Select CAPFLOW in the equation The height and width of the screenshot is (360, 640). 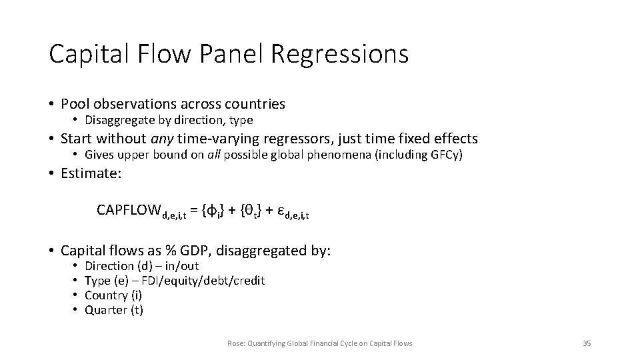coord(129,211)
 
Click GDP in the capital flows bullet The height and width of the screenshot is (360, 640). coord(207,251)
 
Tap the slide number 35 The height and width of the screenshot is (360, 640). coord(587,343)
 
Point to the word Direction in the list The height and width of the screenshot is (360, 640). coord(109,266)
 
